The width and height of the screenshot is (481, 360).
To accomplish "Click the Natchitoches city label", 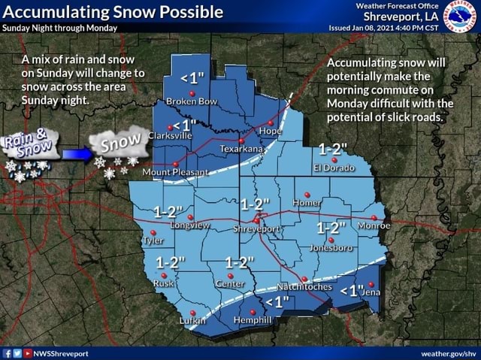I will (305, 286).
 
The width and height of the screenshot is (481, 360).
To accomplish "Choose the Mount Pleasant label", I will (176, 172).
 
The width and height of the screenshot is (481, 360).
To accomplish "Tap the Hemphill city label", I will (253, 320).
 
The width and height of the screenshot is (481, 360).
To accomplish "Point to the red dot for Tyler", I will (153, 232).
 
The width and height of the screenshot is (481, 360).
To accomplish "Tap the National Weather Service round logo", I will (461, 17).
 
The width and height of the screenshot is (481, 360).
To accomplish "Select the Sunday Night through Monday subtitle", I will (60, 28).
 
